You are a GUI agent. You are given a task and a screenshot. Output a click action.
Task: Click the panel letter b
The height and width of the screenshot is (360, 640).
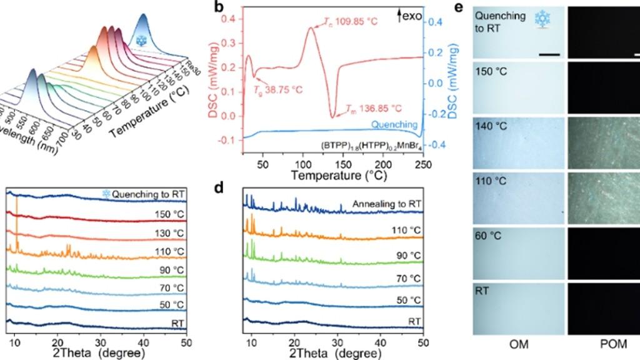[x=219, y=7]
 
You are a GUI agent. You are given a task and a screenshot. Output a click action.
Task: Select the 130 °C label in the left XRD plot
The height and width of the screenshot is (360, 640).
[x=171, y=233]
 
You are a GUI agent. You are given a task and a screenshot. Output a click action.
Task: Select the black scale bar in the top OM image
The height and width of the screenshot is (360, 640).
[x=549, y=54]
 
